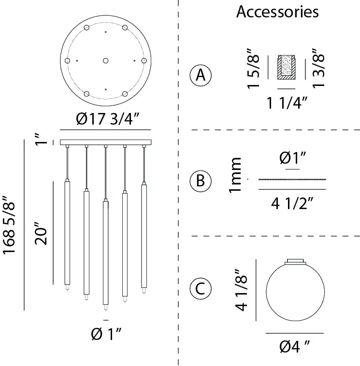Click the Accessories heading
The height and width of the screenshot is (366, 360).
pos(277,12)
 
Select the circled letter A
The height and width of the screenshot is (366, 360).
pos(200,76)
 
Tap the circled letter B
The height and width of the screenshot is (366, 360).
pos(200,181)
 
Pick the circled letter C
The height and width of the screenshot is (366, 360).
pos(200,289)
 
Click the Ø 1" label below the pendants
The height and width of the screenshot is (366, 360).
pos(106,333)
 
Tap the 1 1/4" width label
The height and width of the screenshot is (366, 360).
pos(288,102)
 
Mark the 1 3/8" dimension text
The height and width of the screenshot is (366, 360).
pos(319,69)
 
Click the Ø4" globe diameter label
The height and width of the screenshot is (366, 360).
pos(294,346)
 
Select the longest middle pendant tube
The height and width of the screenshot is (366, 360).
pos(105,251)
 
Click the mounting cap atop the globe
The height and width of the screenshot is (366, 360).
pos(294,261)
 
